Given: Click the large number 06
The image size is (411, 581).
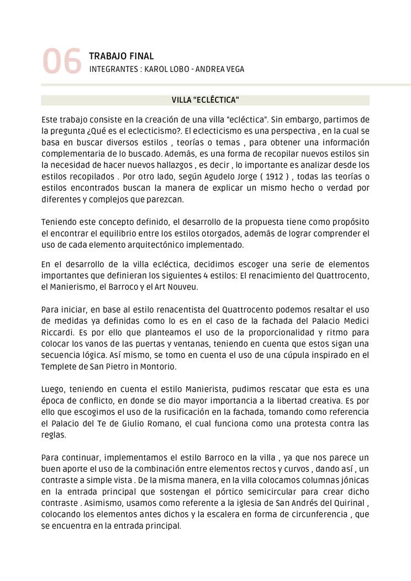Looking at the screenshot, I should click(61, 61).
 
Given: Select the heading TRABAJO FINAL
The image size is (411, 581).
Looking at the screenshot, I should click(121, 56).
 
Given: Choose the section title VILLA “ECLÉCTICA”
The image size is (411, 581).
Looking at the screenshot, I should click(205, 100).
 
